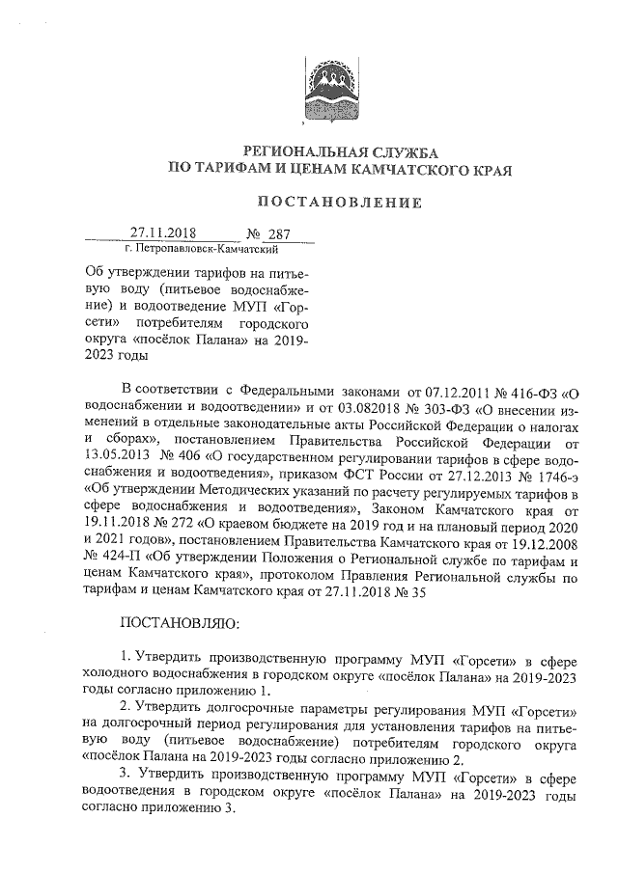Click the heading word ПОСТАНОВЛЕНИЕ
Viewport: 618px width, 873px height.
tap(339, 203)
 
